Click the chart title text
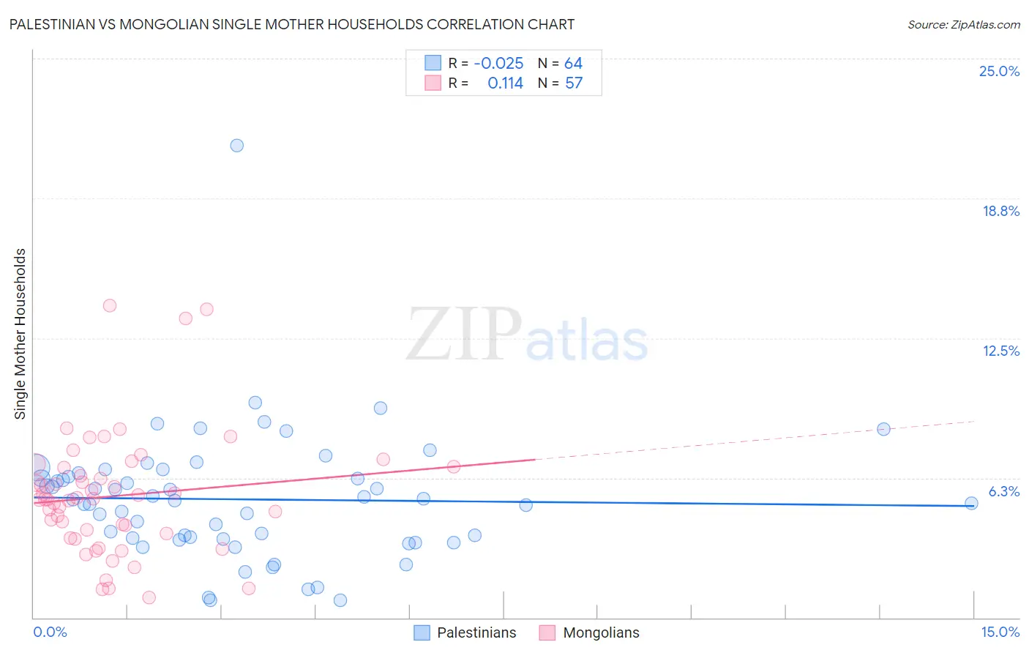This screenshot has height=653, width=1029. click(x=291, y=24)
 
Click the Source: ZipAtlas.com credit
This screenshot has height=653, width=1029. click(x=963, y=24)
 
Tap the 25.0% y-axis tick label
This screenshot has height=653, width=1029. click(x=999, y=71)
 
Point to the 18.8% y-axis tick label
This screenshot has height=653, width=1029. click(x=1000, y=211)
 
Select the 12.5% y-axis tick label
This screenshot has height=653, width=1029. click(x=1000, y=351)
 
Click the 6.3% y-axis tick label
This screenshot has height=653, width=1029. click(x=1003, y=491)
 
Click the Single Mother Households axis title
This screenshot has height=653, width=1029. click(x=20, y=334)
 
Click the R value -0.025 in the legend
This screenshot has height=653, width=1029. click(x=498, y=64)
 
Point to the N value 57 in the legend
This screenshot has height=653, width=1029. click(x=574, y=83)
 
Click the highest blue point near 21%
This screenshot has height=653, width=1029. click(x=237, y=146)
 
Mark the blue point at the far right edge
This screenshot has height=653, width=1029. click(x=971, y=503)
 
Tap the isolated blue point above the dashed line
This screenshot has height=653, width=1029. click(x=883, y=429)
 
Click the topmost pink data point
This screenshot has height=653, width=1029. click(x=110, y=306)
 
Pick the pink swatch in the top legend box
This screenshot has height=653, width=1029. click(x=433, y=83)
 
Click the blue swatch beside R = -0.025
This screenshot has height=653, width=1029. click(x=433, y=63)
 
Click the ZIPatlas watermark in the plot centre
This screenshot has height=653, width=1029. click(x=527, y=335)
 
